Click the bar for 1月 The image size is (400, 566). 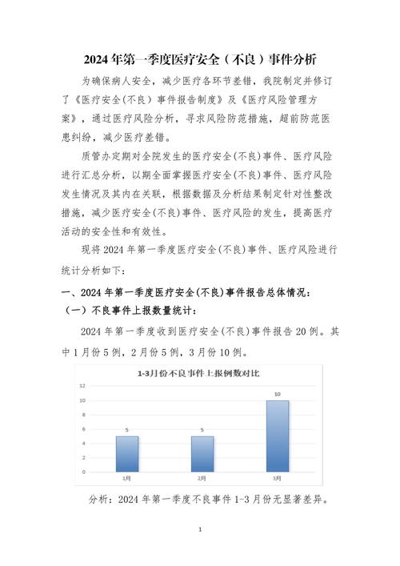coord(127,453)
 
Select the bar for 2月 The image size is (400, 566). coord(202,453)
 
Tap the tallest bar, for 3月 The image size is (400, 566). coord(278,436)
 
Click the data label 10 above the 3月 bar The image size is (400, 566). coord(278,394)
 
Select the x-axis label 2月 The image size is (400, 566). coord(202,478)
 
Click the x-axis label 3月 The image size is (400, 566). coord(278,478)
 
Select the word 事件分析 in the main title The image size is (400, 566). coord(293,59)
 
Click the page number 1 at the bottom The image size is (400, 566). coord(200,530)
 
